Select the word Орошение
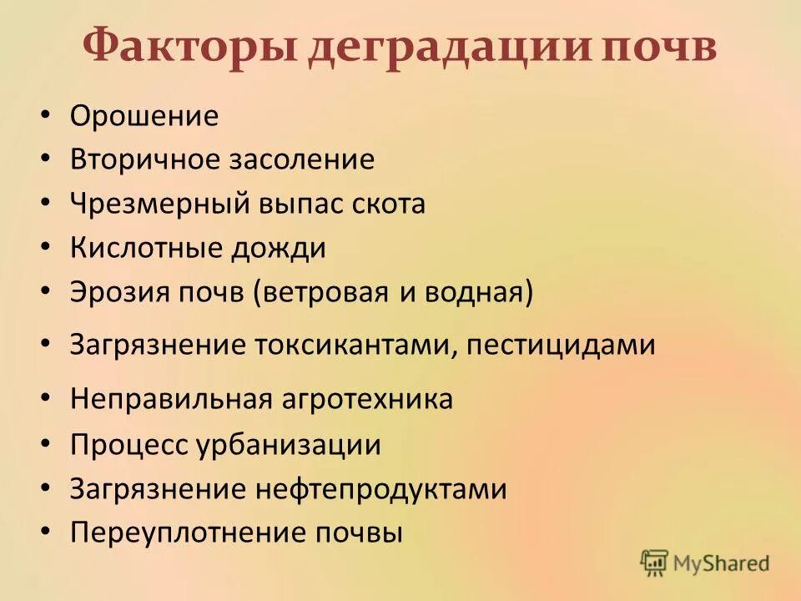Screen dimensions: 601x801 pyautogui.click(x=144, y=116)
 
